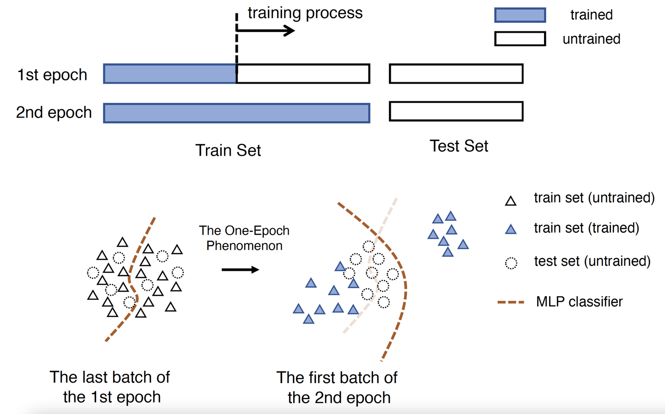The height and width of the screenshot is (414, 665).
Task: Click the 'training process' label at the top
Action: coord(305,13)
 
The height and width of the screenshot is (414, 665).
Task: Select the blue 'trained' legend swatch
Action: coord(520,15)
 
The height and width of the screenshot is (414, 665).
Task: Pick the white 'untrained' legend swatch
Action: coord(520,39)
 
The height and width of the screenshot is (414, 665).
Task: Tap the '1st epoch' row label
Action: coord(52,75)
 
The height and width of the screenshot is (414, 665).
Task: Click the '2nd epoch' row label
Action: coord(54,112)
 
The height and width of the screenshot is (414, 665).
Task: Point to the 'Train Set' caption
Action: coord(228,150)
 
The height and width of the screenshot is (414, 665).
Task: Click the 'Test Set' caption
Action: coord(459,146)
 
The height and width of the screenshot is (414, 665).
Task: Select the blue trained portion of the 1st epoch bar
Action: coord(170,74)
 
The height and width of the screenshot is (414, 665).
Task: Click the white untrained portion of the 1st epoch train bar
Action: coord(303,74)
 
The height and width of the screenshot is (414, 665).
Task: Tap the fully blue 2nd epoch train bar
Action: coord(236,113)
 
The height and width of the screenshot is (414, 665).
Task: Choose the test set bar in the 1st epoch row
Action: coord(456,74)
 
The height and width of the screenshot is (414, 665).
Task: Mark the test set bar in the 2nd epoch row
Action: coord(456,111)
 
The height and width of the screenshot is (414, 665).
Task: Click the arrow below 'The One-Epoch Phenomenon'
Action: coord(240,270)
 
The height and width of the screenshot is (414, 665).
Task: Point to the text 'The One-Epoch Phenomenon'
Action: coord(244,238)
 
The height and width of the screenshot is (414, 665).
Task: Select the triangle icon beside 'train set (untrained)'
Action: coord(510,201)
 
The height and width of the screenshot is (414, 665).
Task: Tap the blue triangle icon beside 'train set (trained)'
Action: coord(510,229)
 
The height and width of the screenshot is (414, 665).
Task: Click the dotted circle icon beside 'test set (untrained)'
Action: coord(511,263)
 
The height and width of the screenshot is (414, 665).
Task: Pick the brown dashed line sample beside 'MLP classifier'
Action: coord(511,302)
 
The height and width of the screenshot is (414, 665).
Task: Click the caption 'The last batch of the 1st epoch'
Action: coord(110,387)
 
